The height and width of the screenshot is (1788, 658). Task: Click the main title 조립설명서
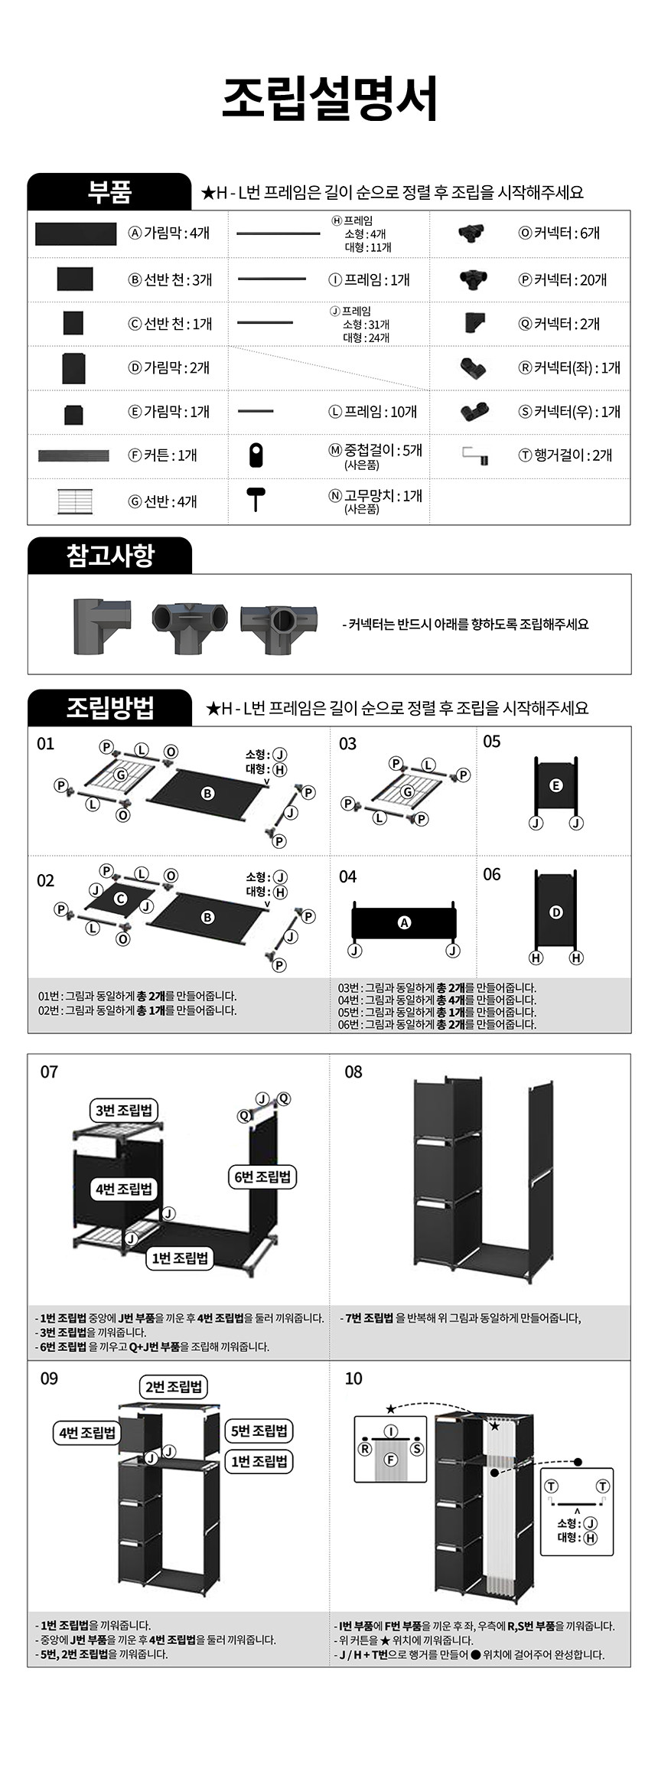(x=330, y=99)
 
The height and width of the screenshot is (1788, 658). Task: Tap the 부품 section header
(x=109, y=191)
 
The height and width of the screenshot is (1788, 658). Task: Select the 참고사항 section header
(x=109, y=555)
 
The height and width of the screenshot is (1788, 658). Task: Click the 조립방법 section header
(x=109, y=707)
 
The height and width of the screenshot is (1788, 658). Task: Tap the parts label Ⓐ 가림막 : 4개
(x=169, y=233)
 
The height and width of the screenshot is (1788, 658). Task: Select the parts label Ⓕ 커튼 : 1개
(x=163, y=455)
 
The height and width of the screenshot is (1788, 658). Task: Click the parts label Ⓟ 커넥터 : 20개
(x=562, y=279)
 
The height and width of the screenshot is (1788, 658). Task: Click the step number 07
(x=49, y=1072)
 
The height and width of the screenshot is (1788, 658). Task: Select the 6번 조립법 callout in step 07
(x=262, y=1176)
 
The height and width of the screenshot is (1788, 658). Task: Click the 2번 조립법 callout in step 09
(x=174, y=1386)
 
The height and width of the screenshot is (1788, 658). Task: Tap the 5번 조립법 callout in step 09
(x=260, y=1431)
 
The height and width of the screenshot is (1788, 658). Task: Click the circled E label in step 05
(x=556, y=785)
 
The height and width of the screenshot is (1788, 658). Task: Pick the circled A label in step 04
(x=404, y=922)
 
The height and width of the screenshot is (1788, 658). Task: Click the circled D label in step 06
(x=556, y=912)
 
